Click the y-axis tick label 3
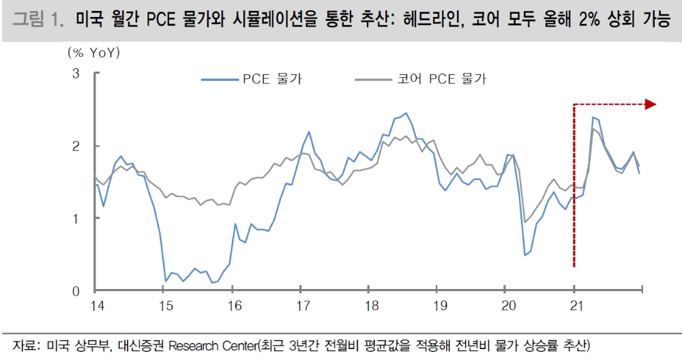(76, 73)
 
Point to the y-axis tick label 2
(76, 146)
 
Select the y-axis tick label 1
(76, 218)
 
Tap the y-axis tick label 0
(76, 291)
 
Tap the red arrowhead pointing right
(650, 104)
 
